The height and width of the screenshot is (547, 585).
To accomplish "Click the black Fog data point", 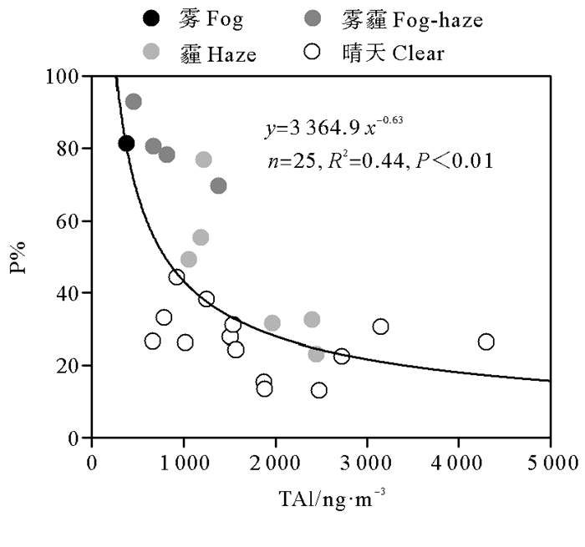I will (x=126, y=144).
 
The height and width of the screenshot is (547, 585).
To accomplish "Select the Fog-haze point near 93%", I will (x=134, y=102).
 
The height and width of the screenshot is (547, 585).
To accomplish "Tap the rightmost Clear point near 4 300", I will (x=486, y=342).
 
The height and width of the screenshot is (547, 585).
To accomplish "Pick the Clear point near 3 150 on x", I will (x=380, y=327).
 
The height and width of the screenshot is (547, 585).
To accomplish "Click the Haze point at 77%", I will (x=203, y=160).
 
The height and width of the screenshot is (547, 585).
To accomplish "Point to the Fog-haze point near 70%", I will (x=218, y=185).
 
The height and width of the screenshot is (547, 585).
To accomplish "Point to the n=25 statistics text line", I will (x=378, y=160).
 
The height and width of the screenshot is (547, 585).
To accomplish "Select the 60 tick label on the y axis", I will (x=68, y=221).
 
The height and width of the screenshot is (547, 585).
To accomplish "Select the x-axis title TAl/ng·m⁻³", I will (x=332, y=499).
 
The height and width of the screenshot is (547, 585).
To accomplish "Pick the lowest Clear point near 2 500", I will (x=318, y=390).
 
